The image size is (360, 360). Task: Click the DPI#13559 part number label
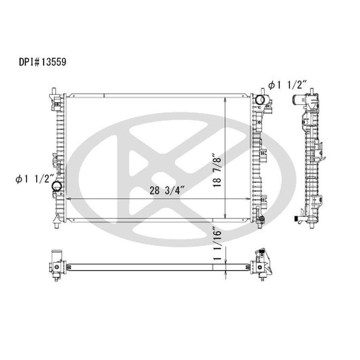pos(42,61)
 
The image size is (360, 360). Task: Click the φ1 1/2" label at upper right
pos(286,85)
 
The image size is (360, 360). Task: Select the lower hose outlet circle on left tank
pos(56,186)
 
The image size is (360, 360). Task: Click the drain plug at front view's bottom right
pos(261,219)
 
